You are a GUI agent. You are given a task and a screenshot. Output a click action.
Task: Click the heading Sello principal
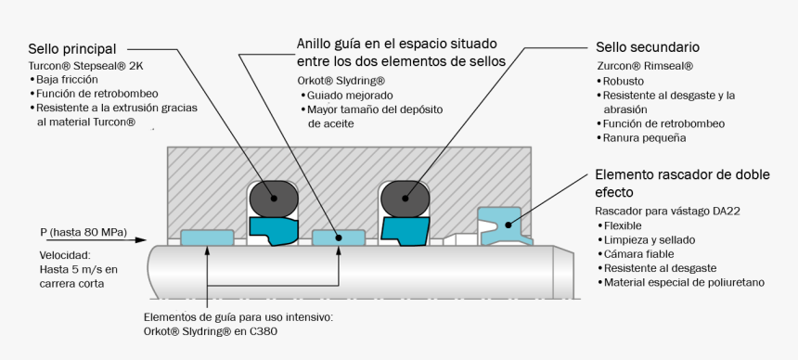pyautogui.click(x=71, y=48)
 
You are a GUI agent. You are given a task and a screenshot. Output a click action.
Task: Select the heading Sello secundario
pyautogui.click(x=647, y=47)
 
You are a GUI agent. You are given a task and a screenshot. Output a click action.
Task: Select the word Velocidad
pyautogui.click(x=63, y=255)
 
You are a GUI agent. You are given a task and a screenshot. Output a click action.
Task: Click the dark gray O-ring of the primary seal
pyautogui.click(x=274, y=197)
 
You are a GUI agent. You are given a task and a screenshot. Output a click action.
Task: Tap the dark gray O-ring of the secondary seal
pyautogui.click(x=406, y=197)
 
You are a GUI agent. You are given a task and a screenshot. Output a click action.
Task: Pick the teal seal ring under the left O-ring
pyautogui.click(x=271, y=228)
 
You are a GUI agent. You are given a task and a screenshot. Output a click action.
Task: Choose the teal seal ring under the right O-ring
pyautogui.click(x=406, y=228)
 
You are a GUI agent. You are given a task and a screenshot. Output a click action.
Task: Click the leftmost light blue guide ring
pyautogui.click(x=206, y=238)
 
